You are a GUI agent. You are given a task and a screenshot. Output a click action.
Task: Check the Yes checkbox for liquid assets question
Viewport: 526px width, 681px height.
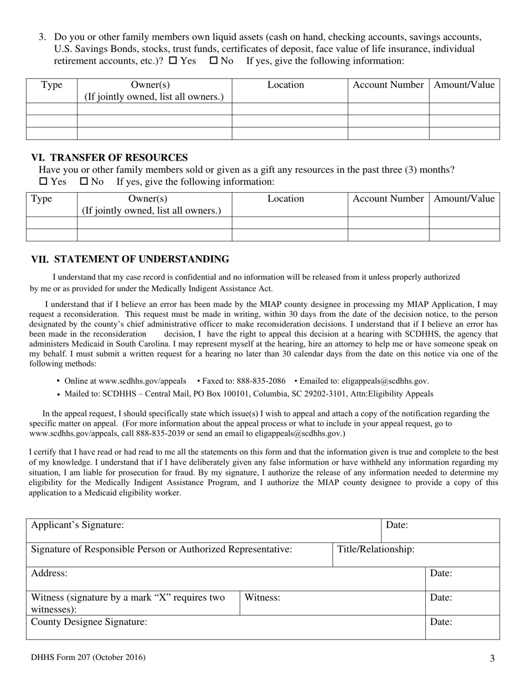click(x=172, y=61)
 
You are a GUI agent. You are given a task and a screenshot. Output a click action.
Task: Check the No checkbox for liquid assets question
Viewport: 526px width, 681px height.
click(x=213, y=61)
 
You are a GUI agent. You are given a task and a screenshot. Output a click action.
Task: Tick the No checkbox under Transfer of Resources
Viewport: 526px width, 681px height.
click(x=84, y=182)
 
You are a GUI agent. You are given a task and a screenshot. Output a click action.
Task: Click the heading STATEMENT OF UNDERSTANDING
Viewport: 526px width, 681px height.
click(x=141, y=259)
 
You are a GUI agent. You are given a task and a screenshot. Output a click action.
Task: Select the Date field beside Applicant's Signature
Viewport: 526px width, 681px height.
click(x=440, y=530)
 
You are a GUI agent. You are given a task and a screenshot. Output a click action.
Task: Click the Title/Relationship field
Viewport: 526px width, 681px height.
click(x=416, y=555)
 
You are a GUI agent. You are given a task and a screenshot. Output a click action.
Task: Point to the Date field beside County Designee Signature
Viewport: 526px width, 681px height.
click(x=462, y=627)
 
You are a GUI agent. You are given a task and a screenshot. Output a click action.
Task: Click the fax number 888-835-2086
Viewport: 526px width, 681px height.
click(x=261, y=381)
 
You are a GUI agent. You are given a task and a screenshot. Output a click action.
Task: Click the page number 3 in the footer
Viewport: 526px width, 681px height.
click(x=492, y=659)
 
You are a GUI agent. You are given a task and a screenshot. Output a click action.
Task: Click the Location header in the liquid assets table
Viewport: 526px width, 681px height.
click(x=286, y=85)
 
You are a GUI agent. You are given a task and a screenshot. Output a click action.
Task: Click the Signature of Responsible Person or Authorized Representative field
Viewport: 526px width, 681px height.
click(x=179, y=555)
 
